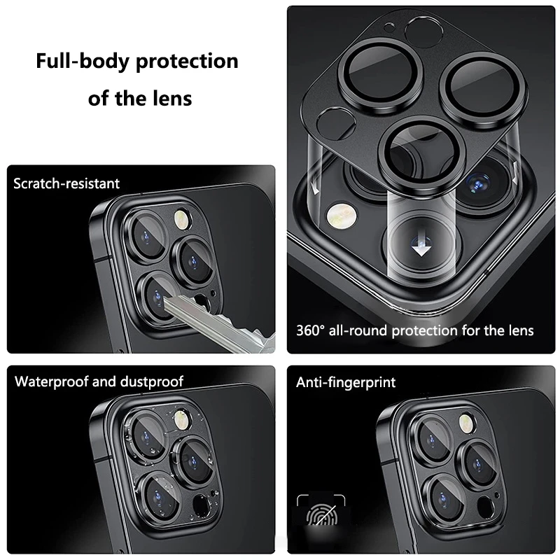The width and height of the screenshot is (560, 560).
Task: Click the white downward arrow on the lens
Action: tap(421, 247)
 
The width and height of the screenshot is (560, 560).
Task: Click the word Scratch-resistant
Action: tap(67, 183)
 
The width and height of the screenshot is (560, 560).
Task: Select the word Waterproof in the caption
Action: tap(51, 381)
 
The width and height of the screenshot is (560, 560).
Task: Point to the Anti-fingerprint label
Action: tap(346, 382)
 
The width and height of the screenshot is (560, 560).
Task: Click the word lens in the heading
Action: tap(171, 97)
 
